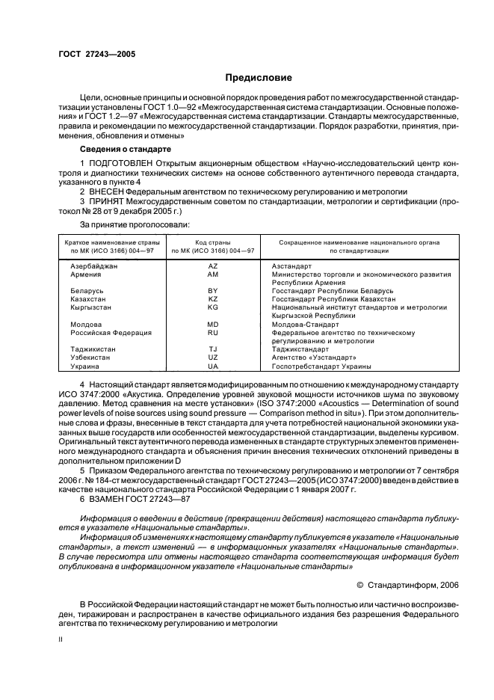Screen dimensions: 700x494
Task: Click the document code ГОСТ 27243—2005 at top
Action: (x=96, y=55)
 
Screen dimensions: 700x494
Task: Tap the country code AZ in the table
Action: (x=212, y=266)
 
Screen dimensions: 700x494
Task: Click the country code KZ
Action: (x=212, y=298)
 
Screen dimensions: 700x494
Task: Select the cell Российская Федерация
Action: (x=111, y=333)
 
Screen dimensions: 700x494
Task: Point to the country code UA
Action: (x=212, y=367)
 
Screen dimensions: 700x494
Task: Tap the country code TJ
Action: (x=212, y=349)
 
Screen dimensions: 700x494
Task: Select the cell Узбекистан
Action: (x=90, y=358)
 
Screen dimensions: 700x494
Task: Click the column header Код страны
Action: (x=212, y=242)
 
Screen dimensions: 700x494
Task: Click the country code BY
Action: (x=212, y=289)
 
